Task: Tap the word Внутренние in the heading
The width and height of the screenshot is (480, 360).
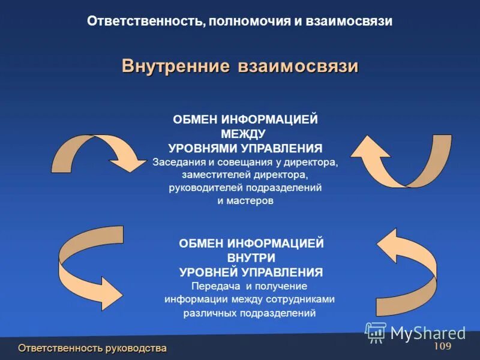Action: click(176, 65)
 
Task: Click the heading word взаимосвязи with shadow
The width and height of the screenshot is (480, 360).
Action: click(298, 65)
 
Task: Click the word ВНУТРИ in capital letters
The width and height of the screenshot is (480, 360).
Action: click(251, 258)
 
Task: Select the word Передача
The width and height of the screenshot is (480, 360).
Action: click(213, 286)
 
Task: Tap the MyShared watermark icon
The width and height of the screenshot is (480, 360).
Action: click(376, 332)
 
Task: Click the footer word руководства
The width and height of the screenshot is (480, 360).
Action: click(136, 349)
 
